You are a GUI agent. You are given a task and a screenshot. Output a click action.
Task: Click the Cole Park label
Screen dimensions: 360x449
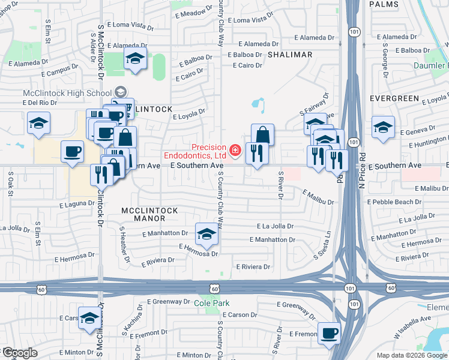(x=208, y=304)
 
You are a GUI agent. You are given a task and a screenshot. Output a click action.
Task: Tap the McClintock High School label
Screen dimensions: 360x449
(x=67, y=93)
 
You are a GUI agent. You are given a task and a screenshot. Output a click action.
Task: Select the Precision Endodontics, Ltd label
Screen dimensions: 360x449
(x=209, y=151)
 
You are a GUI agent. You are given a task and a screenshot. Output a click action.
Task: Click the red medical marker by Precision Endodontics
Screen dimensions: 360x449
(x=236, y=149)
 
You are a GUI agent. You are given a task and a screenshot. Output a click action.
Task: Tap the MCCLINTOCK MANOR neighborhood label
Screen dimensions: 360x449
(x=149, y=214)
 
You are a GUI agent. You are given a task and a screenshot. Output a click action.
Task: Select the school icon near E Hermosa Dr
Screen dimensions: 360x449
(x=206, y=233)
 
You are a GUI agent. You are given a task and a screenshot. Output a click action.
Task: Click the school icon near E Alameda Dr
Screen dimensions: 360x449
(x=135, y=59)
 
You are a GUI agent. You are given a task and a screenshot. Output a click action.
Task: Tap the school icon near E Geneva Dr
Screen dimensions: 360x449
(x=383, y=127)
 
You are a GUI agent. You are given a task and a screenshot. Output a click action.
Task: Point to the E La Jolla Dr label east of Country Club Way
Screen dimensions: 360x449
(x=275, y=227)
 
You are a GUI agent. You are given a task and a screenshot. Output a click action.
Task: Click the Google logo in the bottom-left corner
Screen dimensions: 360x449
(x=19, y=353)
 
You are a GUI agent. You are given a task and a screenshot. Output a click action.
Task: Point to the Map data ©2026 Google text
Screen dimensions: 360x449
(x=412, y=355)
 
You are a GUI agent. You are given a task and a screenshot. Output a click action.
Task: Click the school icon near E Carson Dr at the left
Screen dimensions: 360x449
(x=89, y=318)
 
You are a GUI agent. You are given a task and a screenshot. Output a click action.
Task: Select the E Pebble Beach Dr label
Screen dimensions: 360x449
(x=390, y=202)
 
